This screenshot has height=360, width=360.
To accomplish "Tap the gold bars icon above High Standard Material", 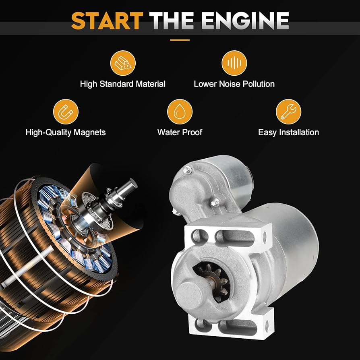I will point(122,63).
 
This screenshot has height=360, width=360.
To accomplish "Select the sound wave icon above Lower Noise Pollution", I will point(234,63).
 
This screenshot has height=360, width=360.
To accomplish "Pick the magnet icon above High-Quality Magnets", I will point(65,112).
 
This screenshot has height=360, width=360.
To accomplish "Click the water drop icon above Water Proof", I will point(180,112).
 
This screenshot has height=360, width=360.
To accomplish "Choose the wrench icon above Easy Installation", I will point(288,112).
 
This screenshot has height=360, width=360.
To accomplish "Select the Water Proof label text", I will point(180,132).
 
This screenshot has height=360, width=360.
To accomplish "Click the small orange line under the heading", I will point(180,40).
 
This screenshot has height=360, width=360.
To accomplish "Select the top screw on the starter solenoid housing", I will point(186,171).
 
